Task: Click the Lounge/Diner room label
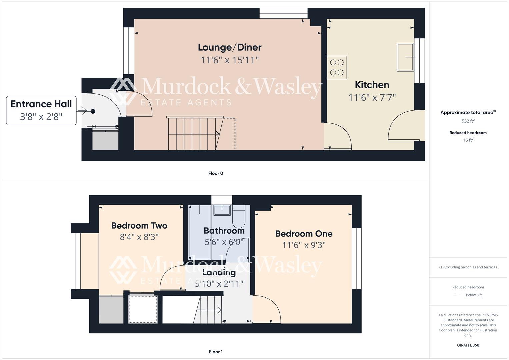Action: pyautogui.click(x=229, y=47)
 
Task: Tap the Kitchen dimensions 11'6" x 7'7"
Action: pyautogui.click(x=372, y=98)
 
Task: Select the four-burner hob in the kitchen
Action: pyautogui.click(x=337, y=67)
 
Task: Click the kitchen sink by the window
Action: pyautogui.click(x=405, y=57)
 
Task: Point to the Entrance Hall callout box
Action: pyautogui.click(x=41, y=110)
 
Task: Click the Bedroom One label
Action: pyautogui.click(x=304, y=234)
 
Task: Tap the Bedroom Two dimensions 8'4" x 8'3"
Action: pyautogui.click(x=139, y=237)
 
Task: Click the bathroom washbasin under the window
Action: pyautogui.click(x=222, y=210)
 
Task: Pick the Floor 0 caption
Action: pyautogui.click(x=216, y=173)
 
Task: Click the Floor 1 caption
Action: pyautogui.click(x=216, y=352)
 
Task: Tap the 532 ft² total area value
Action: pyautogui.click(x=468, y=121)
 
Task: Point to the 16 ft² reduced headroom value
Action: pyautogui.click(x=468, y=140)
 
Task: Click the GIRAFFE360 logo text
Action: pyautogui.click(x=468, y=345)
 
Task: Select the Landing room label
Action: pyautogui.click(x=219, y=272)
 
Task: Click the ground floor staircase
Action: pyautogui.click(x=193, y=133)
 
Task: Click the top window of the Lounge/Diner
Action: pyautogui.click(x=283, y=13)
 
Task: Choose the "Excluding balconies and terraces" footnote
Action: pyautogui.click(x=468, y=267)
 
